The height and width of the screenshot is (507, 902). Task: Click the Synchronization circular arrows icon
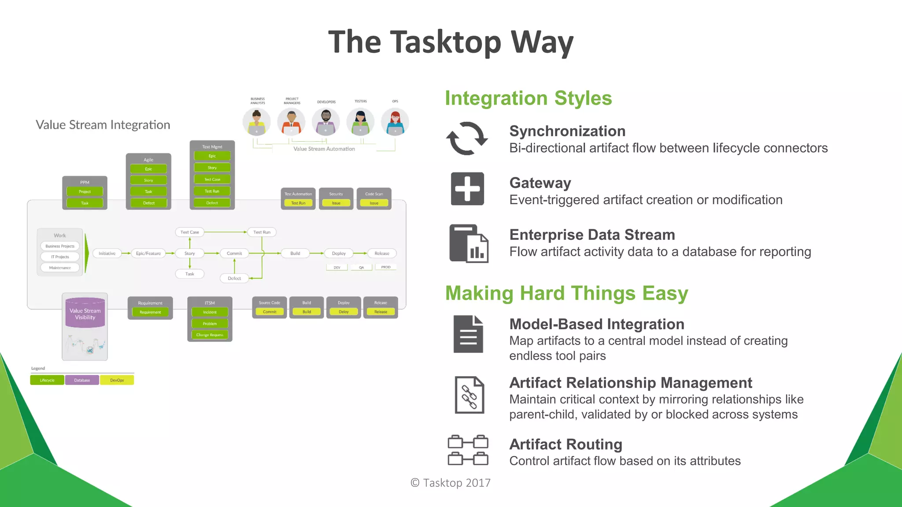coord(467,139)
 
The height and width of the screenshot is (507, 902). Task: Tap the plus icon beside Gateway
coord(467,189)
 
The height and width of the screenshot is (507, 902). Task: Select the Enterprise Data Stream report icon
coord(469,243)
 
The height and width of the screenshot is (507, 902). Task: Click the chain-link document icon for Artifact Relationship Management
coord(469,395)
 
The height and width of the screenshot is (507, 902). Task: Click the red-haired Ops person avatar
coord(395,122)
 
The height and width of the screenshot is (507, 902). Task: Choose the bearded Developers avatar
coord(326,122)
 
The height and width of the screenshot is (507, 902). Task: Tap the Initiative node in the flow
coord(107,253)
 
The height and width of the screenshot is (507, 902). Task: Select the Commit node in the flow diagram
coord(234,253)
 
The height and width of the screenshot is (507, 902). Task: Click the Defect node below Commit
coord(234,278)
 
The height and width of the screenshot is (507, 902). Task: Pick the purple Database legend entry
coord(82,380)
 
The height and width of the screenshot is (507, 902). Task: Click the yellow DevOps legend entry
coord(117,380)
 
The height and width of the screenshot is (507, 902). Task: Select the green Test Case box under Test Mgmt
coord(212,180)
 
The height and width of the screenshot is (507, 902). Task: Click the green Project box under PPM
coord(85,191)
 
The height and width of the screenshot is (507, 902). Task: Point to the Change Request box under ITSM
coord(210,335)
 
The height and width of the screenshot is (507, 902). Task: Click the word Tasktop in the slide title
coord(446,42)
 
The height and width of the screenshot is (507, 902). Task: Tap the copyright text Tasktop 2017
coord(451,483)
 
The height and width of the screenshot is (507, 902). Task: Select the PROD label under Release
coord(386,267)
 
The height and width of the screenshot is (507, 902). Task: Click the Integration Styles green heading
coord(528,98)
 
